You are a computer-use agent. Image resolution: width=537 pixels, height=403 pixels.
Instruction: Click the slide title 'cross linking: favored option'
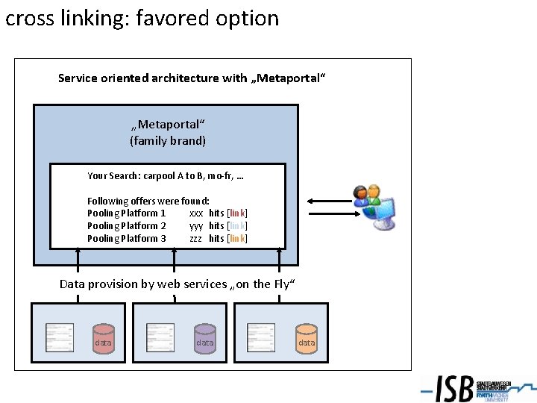pyautogui.click(x=142, y=18)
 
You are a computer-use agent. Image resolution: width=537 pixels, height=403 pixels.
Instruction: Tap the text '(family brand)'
pyautogui.click(x=168, y=140)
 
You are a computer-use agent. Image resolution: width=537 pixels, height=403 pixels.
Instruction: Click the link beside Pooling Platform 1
pyautogui.click(x=237, y=213)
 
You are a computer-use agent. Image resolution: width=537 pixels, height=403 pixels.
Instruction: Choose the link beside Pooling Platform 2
pyautogui.click(x=237, y=225)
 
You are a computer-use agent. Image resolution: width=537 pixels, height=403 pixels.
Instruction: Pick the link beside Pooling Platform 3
pyautogui.click(x=237, y=238)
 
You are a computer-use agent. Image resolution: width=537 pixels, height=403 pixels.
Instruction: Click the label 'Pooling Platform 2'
pyautogui.click(x=126, y=225)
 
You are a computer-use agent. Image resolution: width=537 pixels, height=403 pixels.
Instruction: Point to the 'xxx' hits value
pyautogui.click(x=196, y=213)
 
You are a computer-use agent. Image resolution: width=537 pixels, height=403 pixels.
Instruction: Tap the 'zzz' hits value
pyautogui.click(x=195, y=238)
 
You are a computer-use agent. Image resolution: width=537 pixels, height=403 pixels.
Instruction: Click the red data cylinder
pyautogui.click(x=103, y=338)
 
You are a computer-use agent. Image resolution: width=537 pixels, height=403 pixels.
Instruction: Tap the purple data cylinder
pyautogui.click(x=204, y=338)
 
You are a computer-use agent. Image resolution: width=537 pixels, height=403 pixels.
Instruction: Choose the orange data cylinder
pyautogui.click(x=306, y=338)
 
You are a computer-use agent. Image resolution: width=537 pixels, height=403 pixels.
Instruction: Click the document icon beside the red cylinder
pyautogui.click(x=60, y=337)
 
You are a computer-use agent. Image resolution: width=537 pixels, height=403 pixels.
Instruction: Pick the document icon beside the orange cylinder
pyautogui.click(x=261, y=337)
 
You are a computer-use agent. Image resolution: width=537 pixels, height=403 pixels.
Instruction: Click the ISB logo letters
pyautogui.click(x=454, y=388)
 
